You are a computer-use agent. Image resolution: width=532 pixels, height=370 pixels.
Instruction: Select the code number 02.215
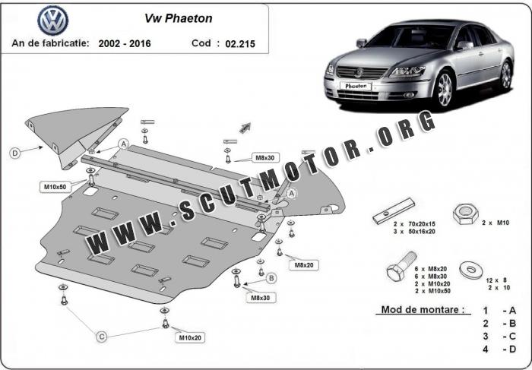point(240,43)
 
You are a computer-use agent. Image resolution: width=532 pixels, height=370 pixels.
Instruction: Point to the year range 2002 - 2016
point(125,43)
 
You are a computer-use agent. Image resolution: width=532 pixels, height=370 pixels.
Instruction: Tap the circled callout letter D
point(14,153)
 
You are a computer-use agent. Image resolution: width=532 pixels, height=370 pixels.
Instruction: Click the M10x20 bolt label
point(190,337)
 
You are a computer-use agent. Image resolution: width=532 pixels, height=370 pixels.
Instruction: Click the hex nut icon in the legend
point(464,215)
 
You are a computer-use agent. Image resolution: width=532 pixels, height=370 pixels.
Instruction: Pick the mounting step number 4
point(484,349)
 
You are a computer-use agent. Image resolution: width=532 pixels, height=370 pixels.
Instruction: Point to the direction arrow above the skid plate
point(245,126)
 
